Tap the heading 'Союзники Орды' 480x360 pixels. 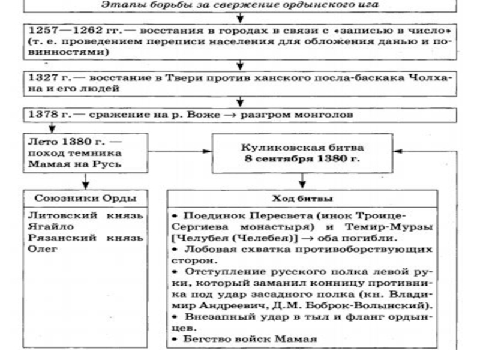pyautogui.click(x=88, y=199)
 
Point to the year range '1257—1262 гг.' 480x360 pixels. pyautogui.click(x=62, y=29)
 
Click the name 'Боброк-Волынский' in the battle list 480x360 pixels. pyautogui.click(x=356, y=306)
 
